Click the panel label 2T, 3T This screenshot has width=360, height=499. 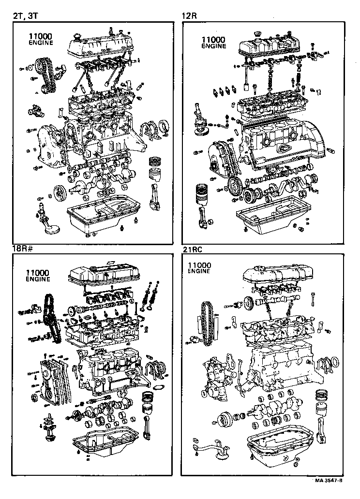25,16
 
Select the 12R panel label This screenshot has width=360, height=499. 189,16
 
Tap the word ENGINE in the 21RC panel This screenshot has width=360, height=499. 199,271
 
